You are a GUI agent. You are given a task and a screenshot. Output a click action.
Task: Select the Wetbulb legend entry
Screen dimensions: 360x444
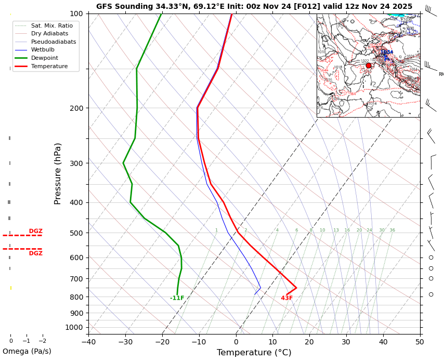point(43,50)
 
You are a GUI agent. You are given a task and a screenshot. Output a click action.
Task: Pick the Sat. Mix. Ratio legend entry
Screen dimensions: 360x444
point(52,25)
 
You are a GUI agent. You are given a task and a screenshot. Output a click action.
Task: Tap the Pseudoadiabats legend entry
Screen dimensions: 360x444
point(54,42)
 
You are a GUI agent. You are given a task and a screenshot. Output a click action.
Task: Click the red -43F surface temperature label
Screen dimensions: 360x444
point(287,298)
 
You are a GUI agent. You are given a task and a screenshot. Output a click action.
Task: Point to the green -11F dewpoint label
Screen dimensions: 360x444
point(177,298)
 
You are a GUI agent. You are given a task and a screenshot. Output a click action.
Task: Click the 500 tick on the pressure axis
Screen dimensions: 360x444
point(76,233)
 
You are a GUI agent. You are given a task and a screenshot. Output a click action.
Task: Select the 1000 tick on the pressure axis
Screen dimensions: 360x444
point(74,327)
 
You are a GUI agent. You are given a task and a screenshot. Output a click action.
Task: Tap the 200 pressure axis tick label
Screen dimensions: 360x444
point(76,108)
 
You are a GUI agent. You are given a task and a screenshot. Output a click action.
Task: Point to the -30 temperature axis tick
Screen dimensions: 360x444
point(125,342)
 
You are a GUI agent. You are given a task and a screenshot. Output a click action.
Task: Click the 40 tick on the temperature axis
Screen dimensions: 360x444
point(383,342)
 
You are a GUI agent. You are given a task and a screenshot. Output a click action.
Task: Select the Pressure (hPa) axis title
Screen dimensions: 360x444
point(58,173)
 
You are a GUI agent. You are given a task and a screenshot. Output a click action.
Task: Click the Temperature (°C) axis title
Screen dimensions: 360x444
point(254,353)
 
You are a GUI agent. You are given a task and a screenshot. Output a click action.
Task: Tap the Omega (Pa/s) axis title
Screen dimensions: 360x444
point(27,352)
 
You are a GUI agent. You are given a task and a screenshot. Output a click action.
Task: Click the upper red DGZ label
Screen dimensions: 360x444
point(36,231)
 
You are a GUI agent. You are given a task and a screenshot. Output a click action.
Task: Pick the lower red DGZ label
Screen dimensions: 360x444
point(36,253)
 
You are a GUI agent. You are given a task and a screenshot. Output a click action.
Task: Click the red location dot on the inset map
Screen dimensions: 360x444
point(369,66)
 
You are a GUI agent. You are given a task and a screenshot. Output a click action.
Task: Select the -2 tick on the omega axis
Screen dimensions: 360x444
point(42,341)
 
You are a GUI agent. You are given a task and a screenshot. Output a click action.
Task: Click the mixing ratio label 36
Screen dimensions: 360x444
point(393,230)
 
